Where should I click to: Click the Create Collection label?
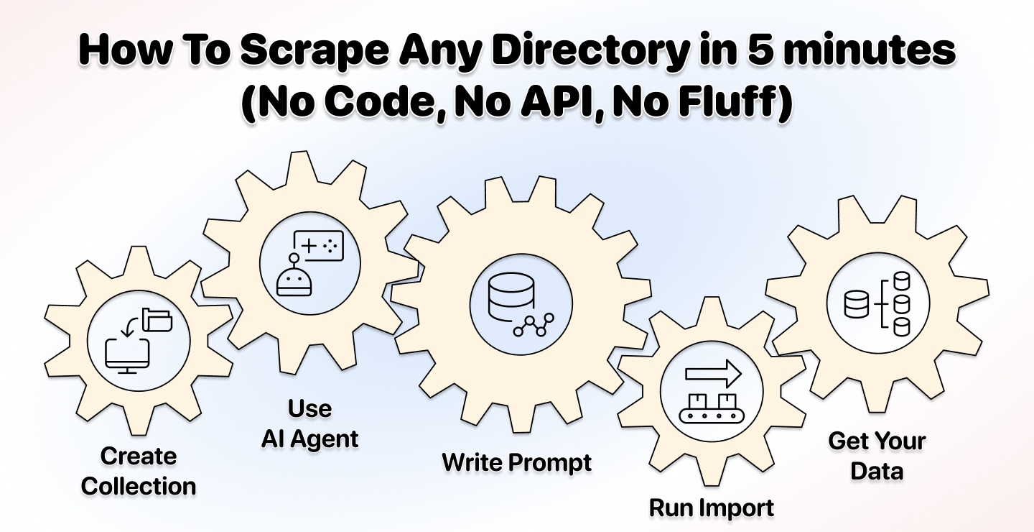139,471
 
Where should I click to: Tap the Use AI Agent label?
309,423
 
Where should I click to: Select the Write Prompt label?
516,463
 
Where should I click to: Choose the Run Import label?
712,508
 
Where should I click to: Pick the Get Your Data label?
877,456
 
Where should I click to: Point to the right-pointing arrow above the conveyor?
713,373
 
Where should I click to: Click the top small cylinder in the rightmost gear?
902,280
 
